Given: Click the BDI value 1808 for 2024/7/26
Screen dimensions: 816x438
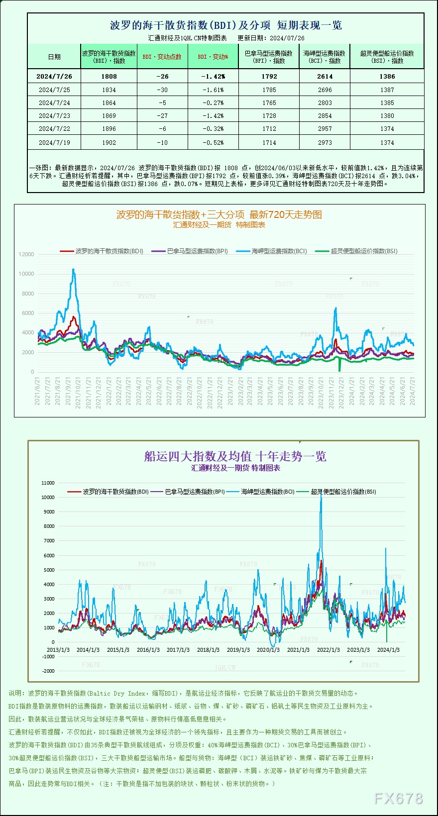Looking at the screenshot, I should pyautogui.click(x=109, y=77).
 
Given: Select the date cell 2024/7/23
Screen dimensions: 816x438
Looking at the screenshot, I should pyautogui.click(x=54, y=116).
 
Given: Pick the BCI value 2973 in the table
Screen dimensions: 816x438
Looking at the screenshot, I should pyautogui.click(x=325, y=143).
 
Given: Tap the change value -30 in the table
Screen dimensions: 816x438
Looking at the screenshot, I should pyautogui.click(x=162, y=90).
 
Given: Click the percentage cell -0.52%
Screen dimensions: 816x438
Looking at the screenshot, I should pyautogui.click(x=213, y=143).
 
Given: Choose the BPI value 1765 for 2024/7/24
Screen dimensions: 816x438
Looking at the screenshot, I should pyautogui.click(x=269, y=103).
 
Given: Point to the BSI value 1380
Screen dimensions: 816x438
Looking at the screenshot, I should pyautogui.click(x=387, y=116).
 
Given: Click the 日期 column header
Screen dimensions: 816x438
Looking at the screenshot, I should pyautogui.click(x=54, y=57).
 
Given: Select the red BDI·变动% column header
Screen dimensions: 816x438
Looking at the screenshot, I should pyautogui.click(x=213, y=57).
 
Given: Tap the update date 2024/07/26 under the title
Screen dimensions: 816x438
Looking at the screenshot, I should pyautogui.click(x=287, y=38).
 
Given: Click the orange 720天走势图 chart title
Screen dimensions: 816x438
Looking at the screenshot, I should pyautogui.click(x=219, y=214).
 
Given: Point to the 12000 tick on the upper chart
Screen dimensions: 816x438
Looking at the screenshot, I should pyautogui.click(x=26, y=254).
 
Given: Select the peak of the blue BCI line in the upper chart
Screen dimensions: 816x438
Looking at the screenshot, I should pyautogui.click(x=74, y=270).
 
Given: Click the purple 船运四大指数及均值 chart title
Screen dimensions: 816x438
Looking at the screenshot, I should pyautogui.click(x=235, y=456).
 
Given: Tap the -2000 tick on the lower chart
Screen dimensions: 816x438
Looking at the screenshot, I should pyautogui.click(x=48, y=671).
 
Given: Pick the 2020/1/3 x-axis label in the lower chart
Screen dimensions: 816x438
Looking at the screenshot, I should pyautogui.click(x=268, y=650).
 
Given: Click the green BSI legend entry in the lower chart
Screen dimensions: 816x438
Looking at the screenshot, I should pyautogui.click(x=343, y=492).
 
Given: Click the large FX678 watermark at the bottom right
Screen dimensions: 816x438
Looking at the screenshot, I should pyautogui.click(x=398, y=799).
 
